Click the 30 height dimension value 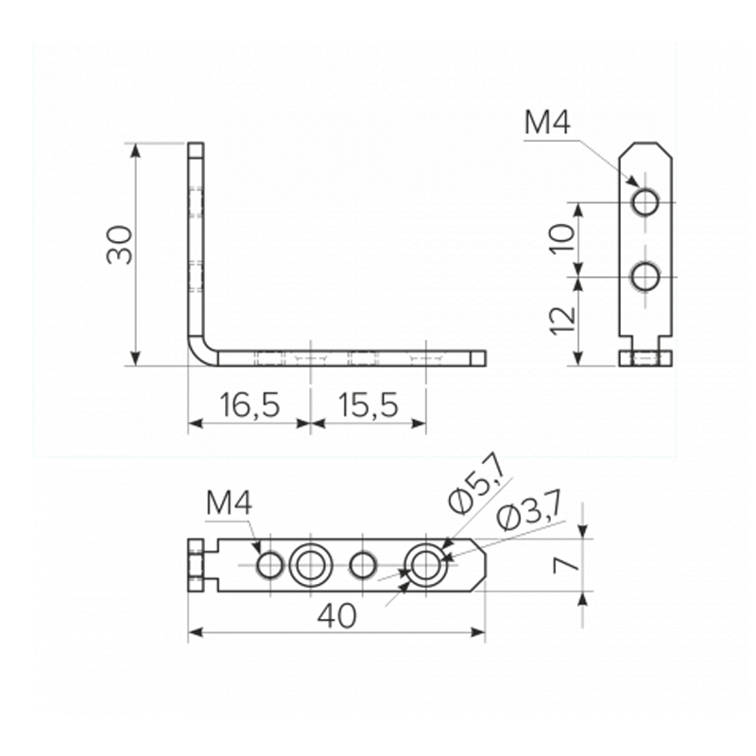120,245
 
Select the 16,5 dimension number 249,404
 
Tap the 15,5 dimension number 369,404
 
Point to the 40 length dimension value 337,616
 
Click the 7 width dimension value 566,564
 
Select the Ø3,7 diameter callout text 529,512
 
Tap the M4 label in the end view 547,122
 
